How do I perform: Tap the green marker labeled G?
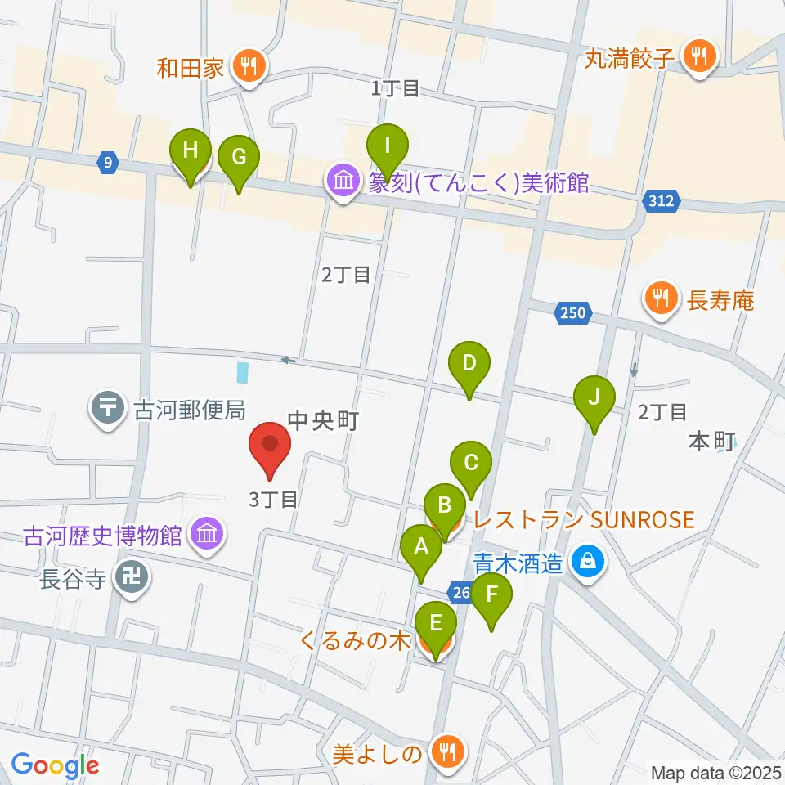click(x=238, y=158)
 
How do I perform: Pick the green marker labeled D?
click(x=469, y=364)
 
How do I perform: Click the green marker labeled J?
click(x=594, y=398)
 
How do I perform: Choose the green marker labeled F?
click(x=491, y=596)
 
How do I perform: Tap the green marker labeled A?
click(x=422, y=547)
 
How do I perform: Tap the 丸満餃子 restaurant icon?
click(x=699, y=57)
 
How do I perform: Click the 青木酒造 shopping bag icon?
click(x=587, y=562)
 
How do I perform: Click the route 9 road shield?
click(x=108, y=163)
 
